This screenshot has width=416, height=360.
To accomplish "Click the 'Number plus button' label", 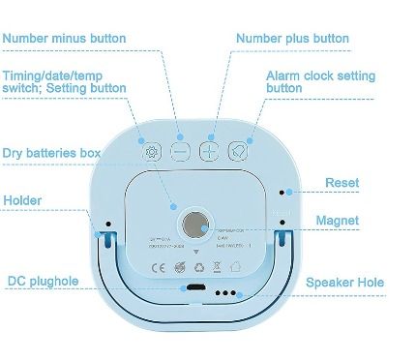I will (x=293, y=39).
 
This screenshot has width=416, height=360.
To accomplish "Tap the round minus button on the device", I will (x=180, y=151).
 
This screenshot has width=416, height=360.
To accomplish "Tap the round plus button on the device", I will (x=209, y=151).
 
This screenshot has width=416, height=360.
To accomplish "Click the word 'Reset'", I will (x=342, y=181).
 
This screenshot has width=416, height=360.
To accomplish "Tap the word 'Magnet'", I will (x=337, y=221).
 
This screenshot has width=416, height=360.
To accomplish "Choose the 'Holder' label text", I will (x=22, y=200).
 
